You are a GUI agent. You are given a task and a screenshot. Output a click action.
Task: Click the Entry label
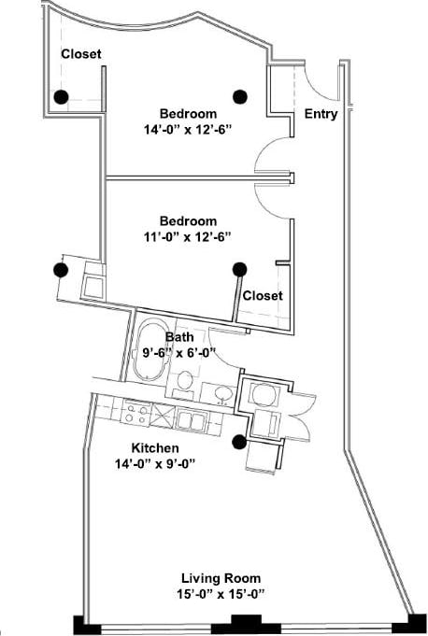tap(321, 114)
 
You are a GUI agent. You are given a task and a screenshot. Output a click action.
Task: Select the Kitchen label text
tap(154, 447)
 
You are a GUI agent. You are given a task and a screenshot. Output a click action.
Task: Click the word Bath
tap(179, 336)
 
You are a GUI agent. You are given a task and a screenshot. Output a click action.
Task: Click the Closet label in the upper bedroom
tap(81, 54)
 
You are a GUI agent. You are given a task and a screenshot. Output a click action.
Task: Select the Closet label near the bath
tap(263, 295)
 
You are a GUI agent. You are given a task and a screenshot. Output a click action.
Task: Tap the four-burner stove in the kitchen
tap(137, 412)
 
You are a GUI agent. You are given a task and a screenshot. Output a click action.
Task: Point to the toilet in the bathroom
tap(186, 382)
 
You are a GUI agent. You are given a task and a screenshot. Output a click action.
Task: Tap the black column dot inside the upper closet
tap(61, 96)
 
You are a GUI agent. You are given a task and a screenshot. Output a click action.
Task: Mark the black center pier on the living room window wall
tap(245, 624)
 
